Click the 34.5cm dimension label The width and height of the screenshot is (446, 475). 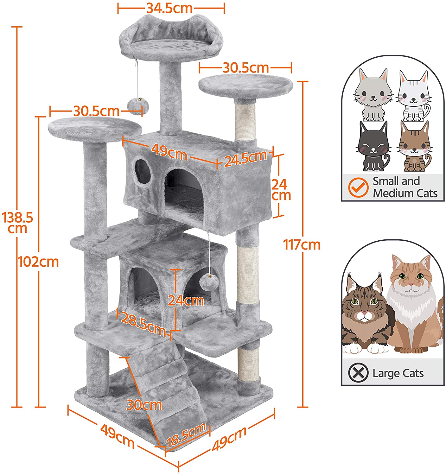(x=169, y=8)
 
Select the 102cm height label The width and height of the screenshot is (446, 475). (x=38, y=262)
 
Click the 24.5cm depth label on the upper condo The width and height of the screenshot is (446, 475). (x=245, y=158)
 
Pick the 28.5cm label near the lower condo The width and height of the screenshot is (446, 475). (x=143, y=325)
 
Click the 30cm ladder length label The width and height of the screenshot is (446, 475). (x=144, y=405)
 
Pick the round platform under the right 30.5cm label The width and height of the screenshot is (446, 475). (x=245, y=85)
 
